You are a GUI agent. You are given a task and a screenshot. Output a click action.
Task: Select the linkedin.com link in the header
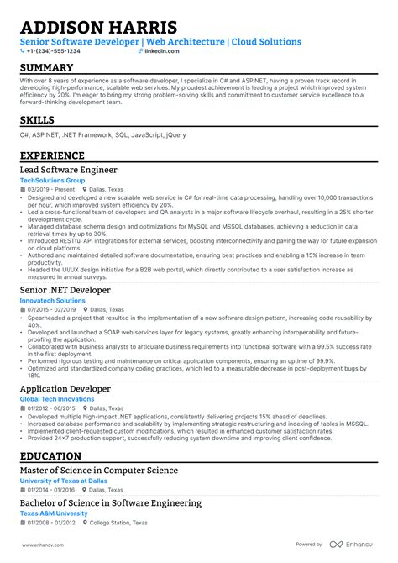[139, 51]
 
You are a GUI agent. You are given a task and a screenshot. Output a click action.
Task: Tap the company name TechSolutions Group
[52, 180]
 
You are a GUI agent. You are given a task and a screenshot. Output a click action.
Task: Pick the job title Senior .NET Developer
[65, 290]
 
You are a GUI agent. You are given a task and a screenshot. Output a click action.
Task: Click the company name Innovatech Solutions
[54, 300]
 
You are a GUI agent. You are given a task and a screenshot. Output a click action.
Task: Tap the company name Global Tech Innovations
[57, 399]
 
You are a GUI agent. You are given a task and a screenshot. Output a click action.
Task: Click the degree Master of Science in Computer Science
[99, 471]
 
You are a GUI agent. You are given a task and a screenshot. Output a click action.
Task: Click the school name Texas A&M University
[54, 513]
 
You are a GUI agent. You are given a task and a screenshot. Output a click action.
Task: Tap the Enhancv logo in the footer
[352, 545]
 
